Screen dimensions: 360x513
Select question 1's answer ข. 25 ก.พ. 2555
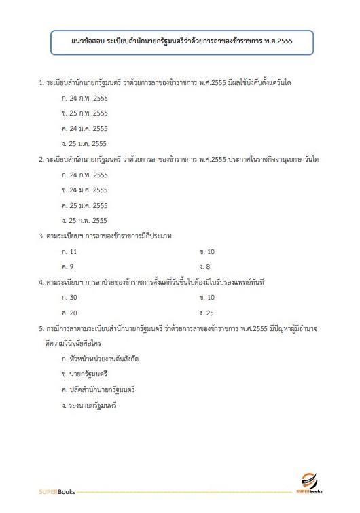84,113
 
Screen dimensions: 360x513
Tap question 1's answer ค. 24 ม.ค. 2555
84,128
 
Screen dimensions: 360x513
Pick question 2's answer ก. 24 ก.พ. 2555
84,175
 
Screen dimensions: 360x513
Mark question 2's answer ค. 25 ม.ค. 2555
84,205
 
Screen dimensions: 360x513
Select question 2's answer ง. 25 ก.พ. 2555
84,220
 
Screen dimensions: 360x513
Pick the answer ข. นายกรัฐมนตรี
85,374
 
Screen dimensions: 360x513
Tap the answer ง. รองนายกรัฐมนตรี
90,405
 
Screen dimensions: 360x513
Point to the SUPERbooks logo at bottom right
310,483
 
